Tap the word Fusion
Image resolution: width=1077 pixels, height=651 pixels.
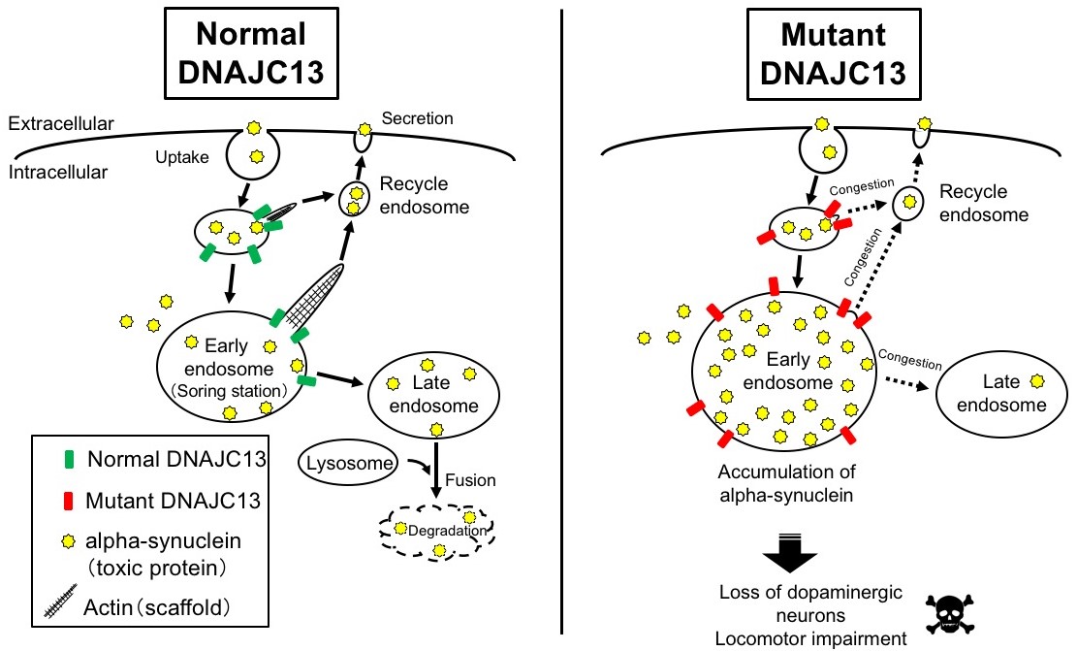(472, 480)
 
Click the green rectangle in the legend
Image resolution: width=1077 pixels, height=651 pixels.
(60, 457)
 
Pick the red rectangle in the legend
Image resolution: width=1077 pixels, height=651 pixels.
(60, 500)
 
